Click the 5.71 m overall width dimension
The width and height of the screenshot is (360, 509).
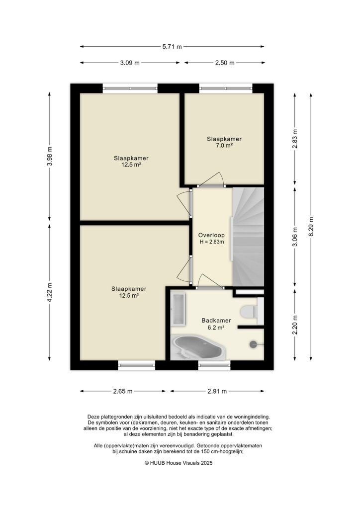(172, 47)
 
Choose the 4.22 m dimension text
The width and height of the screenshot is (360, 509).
(49, 292)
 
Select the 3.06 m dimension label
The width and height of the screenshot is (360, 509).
(295, 237)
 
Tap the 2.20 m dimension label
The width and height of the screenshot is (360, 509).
(295, 326)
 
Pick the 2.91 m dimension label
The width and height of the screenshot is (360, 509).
(217, 391)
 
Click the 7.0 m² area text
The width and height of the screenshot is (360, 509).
(224, 146)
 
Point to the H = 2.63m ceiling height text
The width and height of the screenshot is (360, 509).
(211, 242)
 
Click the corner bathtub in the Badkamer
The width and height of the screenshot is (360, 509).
(198, 347)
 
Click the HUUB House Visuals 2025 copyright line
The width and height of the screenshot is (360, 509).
(179, 462)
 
